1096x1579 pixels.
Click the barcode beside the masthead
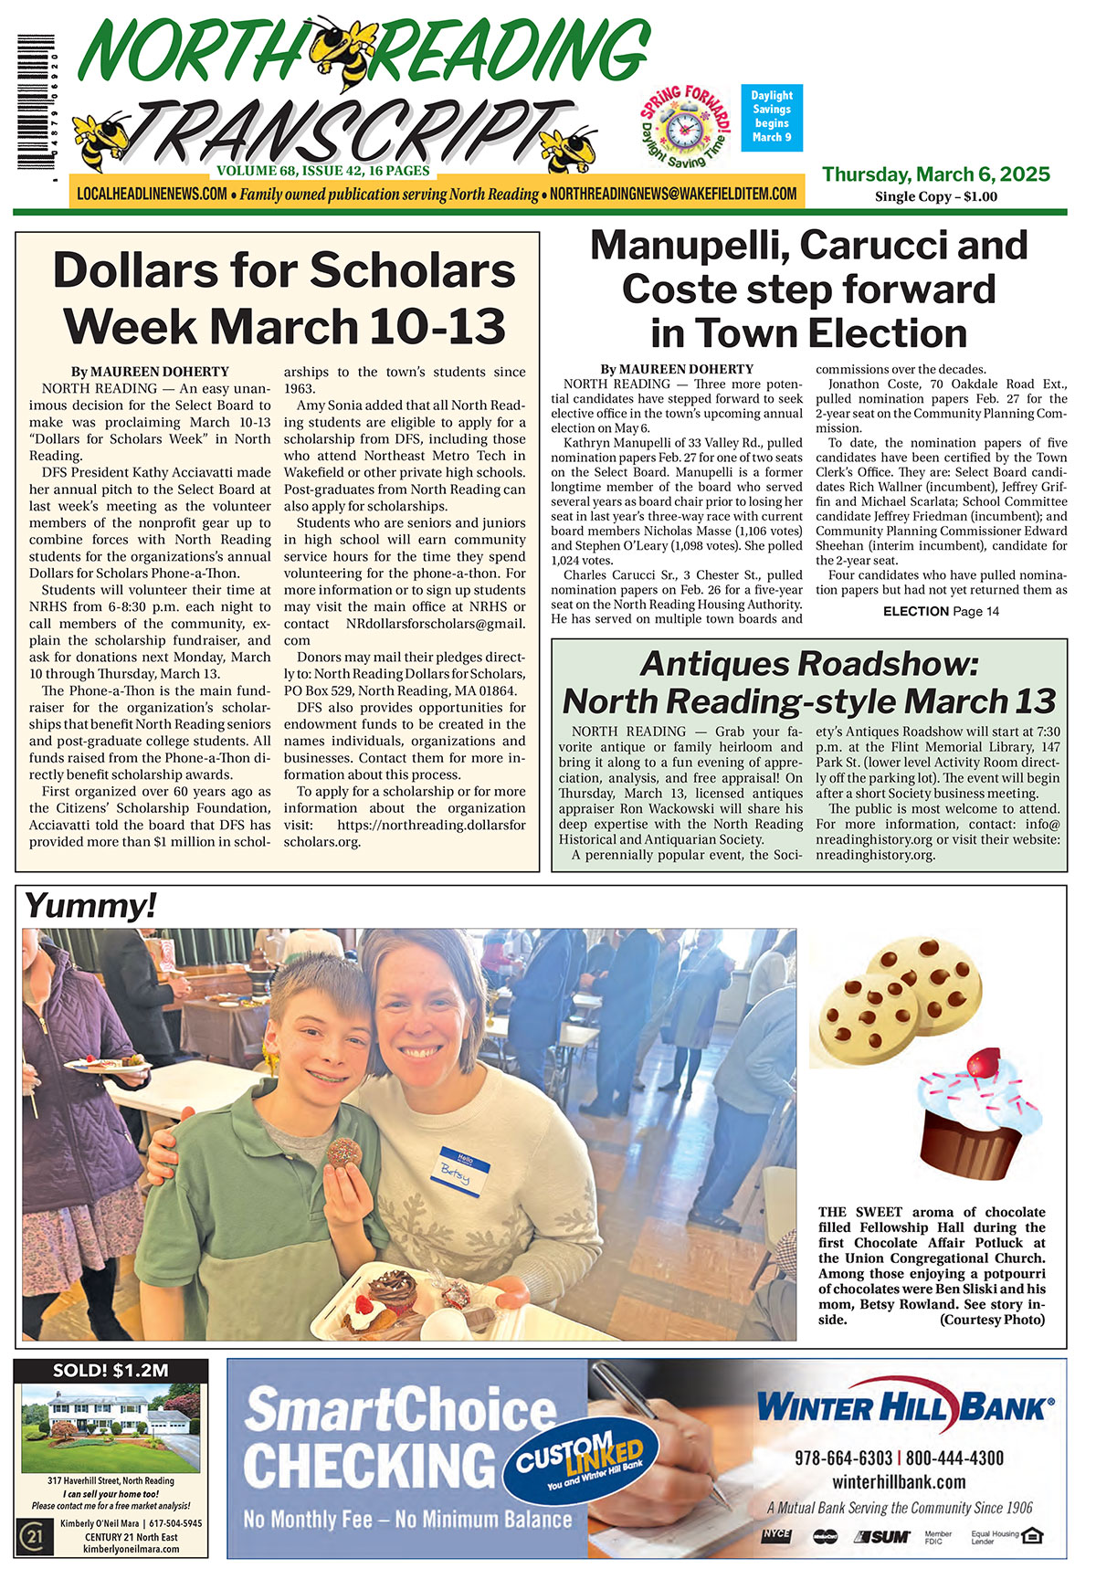coord(35,102)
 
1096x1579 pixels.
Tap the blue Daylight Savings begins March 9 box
coord(772,117)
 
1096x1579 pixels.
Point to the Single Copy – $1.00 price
coord(936,196)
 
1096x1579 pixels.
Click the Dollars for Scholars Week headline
coord(284,298)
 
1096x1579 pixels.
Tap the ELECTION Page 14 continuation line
coord(941,611)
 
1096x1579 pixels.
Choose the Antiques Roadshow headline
coord(809,683)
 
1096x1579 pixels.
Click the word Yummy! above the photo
coord(90,906)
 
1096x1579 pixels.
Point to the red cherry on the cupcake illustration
coord(983,1063)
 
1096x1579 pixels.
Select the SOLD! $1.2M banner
coord(111,1371)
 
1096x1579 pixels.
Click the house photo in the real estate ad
coord(111,1427)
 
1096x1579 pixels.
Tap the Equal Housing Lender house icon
coord(1031,1536)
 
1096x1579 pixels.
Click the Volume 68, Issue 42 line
coord(323,171)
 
